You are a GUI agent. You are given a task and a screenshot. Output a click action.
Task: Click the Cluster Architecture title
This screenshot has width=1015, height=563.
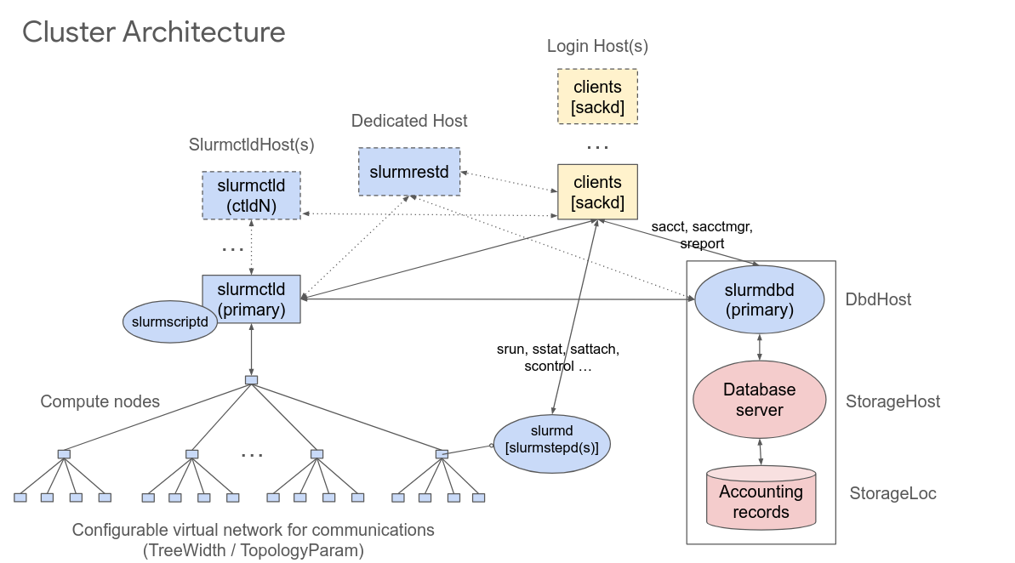[x=153, y=32]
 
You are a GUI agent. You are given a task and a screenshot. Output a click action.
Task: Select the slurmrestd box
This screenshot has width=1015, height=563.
[x=408, y=172]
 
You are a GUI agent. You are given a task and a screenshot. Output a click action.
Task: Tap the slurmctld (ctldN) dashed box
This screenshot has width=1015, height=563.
[x=251, y=196]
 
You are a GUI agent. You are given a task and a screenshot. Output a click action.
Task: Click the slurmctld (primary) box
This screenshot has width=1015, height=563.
[x=251, y=299]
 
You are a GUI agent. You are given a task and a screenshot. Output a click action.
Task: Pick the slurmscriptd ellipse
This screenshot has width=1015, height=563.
[x=170, y=322]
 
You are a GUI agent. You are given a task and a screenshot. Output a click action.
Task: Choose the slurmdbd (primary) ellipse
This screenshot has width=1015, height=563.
[x=759, y=300]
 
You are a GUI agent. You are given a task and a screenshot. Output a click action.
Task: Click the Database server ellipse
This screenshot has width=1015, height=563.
[x=759, y=400]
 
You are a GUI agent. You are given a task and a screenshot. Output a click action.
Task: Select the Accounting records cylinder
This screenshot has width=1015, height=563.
[x=761, y=502]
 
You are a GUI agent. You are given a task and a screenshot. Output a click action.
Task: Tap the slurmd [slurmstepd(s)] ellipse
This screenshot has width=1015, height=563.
[x=551, y=441]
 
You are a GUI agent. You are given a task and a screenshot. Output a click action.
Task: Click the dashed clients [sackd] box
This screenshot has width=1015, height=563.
[x=597, y=97]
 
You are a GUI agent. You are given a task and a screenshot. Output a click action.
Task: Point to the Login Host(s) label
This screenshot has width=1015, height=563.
[x=597, y=47]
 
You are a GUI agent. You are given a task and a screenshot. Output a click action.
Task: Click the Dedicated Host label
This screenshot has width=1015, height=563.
[x=409, y=122]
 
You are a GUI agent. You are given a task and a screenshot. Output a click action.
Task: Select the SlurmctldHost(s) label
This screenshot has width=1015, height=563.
[x=251, y=145]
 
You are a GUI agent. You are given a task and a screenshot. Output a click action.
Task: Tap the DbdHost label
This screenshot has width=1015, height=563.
[x=878, y=299]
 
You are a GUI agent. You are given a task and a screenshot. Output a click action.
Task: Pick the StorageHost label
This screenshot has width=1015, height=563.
[x=892, y=401]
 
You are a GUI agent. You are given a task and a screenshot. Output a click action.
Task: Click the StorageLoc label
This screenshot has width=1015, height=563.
[x=892, y=493]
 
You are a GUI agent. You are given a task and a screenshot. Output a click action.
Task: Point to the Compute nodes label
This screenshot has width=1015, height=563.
[x=100, y=401]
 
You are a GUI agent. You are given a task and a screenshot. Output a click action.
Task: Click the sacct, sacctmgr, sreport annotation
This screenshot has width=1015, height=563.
[x=702, y=235]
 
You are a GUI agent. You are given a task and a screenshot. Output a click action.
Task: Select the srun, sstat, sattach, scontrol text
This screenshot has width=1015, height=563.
[x=557, y=358]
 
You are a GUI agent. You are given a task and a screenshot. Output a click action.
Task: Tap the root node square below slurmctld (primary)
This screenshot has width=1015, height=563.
[x=251, y=380]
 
